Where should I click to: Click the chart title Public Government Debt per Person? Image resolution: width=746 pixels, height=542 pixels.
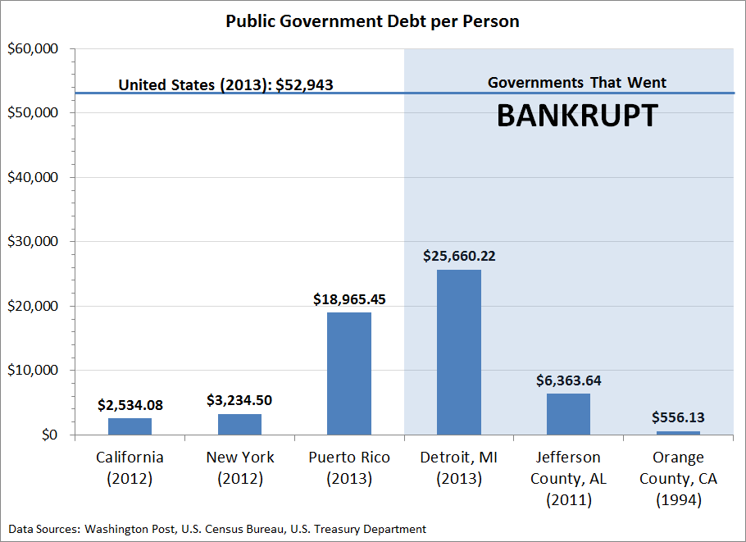372,21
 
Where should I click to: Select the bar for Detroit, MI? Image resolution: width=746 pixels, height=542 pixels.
458,352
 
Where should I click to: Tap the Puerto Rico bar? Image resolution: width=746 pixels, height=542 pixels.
349,373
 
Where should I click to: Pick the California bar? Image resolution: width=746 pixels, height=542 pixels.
130,426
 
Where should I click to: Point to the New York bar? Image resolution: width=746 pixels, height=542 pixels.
239,424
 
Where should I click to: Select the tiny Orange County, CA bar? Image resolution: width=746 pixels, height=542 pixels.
678,432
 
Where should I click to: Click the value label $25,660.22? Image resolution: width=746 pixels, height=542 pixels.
459,256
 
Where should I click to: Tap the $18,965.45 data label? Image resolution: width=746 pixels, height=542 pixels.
349,299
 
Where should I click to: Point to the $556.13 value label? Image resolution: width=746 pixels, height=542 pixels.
678,417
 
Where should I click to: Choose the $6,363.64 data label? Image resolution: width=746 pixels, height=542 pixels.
568,380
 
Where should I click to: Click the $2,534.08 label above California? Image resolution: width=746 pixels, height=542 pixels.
130,404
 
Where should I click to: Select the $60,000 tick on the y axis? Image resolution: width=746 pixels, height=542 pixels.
32,49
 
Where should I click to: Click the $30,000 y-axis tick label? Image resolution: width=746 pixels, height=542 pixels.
32,242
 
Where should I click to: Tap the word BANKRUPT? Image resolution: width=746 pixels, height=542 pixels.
577,116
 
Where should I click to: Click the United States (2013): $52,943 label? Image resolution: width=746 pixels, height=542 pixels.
225,84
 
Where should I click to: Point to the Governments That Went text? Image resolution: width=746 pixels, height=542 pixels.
577,83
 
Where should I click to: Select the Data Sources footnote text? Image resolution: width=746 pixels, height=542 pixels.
217,529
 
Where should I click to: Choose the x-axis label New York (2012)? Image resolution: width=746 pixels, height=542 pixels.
239,467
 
